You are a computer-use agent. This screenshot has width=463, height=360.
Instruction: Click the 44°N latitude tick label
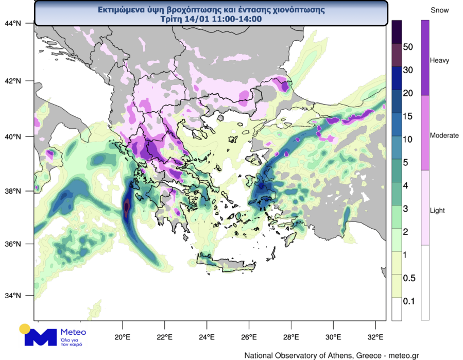click(13, 23)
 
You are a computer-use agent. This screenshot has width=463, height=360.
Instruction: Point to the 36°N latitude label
click(13, 244)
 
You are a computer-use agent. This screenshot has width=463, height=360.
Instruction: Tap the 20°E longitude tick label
click(122, 337)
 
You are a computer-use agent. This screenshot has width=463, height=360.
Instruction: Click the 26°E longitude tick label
click(248, 337)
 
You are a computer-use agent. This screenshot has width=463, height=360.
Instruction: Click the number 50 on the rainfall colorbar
click(408, 47)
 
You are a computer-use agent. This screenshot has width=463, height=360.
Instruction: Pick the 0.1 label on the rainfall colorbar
click(409, 301)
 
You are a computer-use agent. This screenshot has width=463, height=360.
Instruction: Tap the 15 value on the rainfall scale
click(408, 116)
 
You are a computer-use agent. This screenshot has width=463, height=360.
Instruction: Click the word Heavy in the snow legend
click(439, 61)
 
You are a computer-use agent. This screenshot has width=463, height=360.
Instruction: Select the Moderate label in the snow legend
click(444, 135)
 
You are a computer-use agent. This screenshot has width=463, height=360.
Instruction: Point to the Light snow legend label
click(437, 211)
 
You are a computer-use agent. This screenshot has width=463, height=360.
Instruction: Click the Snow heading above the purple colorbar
click(439, 10)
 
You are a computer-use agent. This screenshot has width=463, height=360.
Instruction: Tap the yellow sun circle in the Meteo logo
click(24, 329)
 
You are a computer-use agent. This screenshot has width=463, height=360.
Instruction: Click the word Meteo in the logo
click(73, 332)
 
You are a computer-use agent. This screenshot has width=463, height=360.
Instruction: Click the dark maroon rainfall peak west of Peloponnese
click(127, 208)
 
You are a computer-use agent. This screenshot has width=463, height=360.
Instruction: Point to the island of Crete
click(227, 265)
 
